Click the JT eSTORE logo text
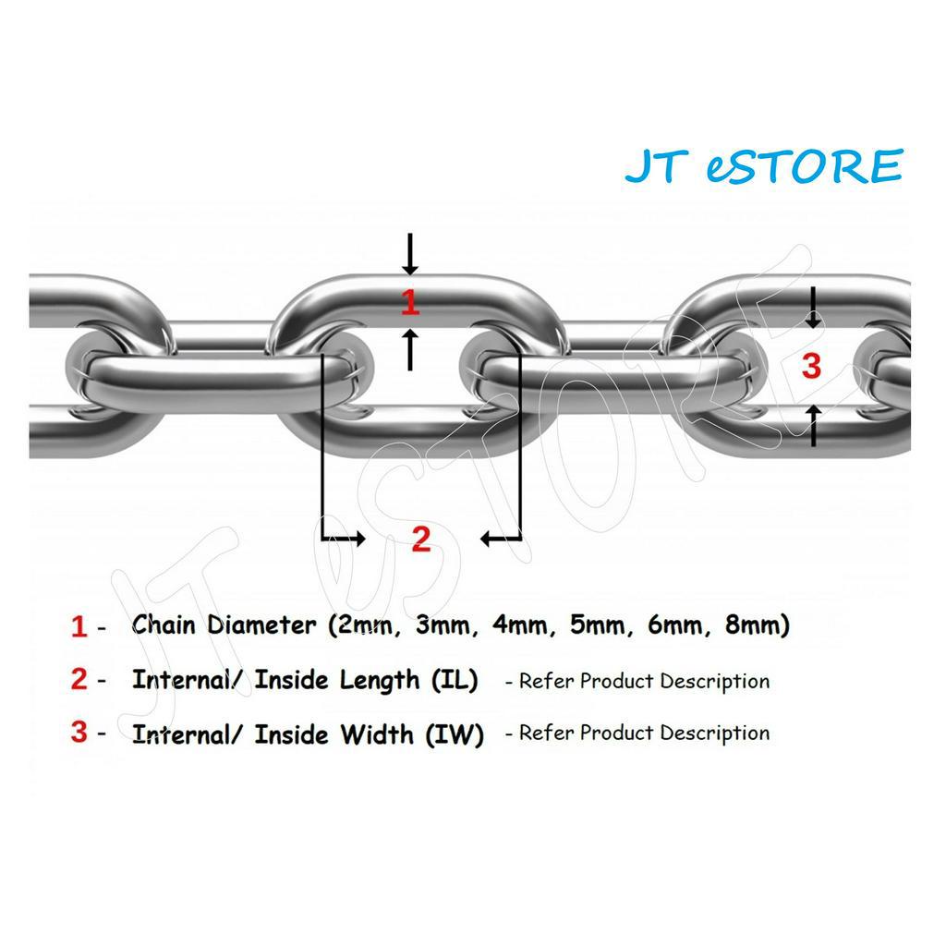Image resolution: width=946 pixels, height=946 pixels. (763, 167)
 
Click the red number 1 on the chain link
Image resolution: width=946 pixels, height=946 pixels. (410, 302)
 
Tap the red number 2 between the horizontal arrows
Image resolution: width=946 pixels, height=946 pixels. (421, 539)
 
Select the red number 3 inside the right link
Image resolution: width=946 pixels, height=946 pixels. (811, 366)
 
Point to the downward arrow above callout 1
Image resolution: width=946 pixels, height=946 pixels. (410, 254)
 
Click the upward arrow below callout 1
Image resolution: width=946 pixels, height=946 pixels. (410, 349)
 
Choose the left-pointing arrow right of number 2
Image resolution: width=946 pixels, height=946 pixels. (501, 538)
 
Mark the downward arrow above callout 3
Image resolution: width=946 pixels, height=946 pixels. (813, 309)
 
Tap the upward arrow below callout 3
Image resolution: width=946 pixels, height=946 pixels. (813, 425)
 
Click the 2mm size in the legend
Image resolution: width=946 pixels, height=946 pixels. (363, 625)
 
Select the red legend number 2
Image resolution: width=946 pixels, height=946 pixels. (79, 680)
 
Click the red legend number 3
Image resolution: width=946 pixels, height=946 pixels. (79, 733)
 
